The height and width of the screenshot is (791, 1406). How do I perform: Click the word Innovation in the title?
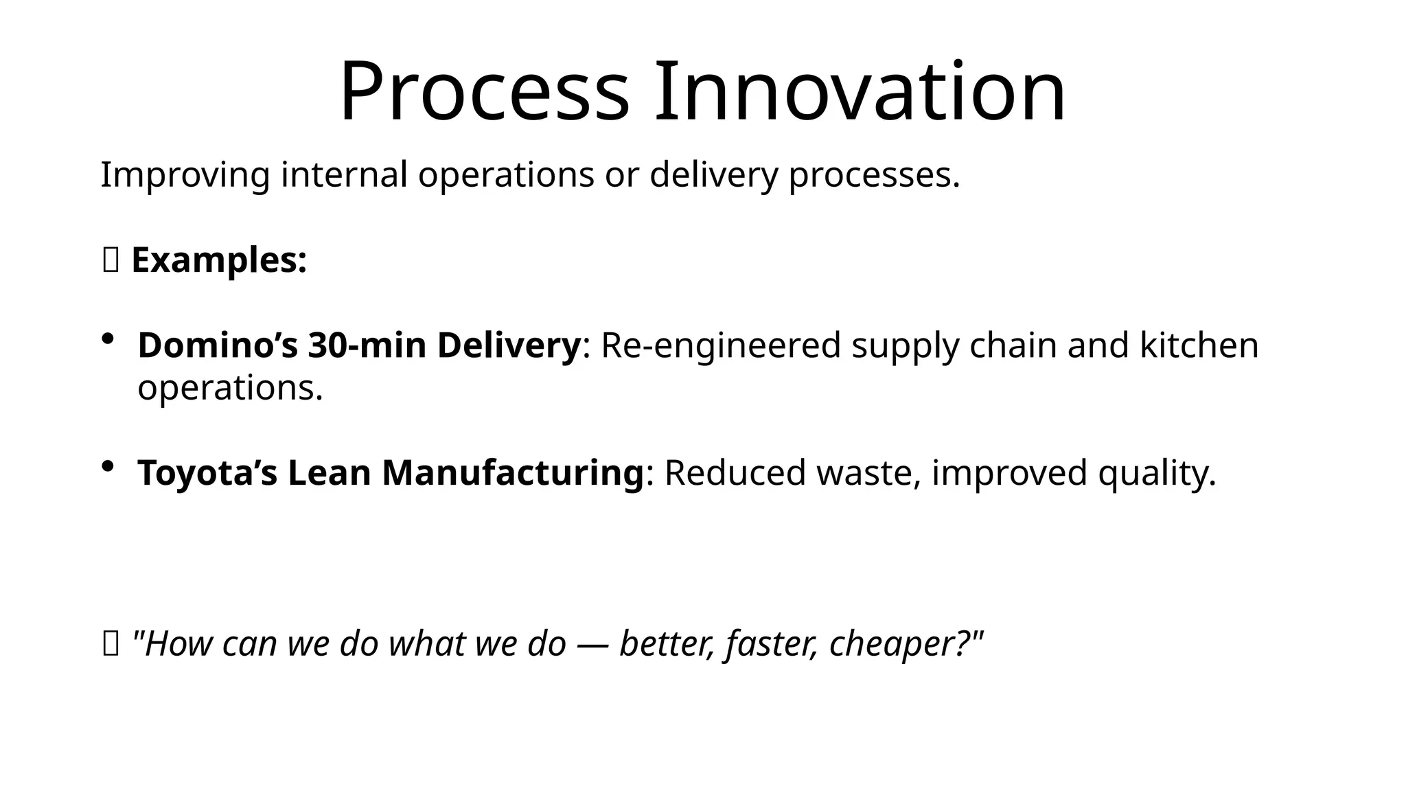(x=860, y=93)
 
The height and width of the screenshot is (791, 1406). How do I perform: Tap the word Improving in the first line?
(x=185, y=175)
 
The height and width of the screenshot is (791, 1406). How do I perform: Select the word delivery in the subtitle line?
(x=714, y=175)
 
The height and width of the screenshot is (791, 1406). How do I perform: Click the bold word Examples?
(x=219, y=261)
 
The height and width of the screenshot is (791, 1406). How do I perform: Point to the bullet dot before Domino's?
(x=108, y=339)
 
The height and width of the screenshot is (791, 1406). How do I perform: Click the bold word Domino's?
(x=218, y=345)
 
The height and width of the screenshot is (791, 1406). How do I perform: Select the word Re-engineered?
(x=721, y=345)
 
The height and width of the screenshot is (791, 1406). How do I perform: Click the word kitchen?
(x=1199, y=345)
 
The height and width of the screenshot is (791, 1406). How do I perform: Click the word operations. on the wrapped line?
(x=230, y=389)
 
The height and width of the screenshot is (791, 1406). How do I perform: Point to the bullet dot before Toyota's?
(x=108, y=467)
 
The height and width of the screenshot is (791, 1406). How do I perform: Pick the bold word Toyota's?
(x=207, y=474)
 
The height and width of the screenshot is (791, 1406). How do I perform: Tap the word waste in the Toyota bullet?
(x=868, y=474)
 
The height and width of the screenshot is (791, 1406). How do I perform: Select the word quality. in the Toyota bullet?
(x=1157, y=474)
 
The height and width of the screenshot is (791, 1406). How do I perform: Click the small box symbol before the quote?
(x=111, y=644)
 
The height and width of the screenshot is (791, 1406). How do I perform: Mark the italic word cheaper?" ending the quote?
(x=906, y=644)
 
